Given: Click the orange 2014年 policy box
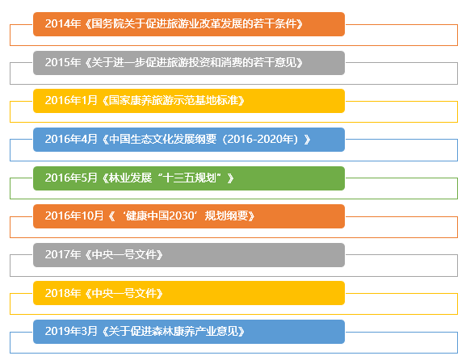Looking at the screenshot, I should (189, 24).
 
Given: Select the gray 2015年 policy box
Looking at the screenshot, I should (189, 63).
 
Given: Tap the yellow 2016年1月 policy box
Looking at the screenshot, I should (189, 101).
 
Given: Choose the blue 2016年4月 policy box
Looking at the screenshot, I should (189, 140).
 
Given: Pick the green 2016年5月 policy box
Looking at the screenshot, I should (189, 178).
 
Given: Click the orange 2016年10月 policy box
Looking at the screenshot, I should (189, 216).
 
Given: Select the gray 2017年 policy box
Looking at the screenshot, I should (189, 255).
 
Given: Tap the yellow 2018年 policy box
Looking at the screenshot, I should (189, 293).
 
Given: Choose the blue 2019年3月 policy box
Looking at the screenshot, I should (189, 332).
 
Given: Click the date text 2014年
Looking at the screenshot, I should (61, 24).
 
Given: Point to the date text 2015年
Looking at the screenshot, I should (61, 63).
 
